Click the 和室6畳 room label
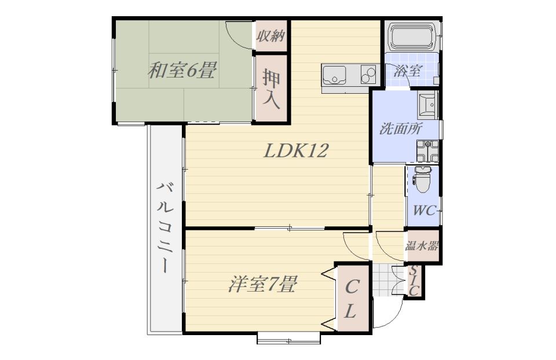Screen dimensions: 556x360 (x=181, y=70)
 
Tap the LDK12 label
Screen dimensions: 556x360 (x=296, y=150)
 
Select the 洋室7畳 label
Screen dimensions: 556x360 (x=262, y=284)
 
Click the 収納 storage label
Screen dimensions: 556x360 (x=271, y=36)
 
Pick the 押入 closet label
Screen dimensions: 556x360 (x=271, y=89)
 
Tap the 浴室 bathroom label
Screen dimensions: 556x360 (x=407, y=71)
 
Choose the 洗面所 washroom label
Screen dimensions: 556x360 (x=401, y=128)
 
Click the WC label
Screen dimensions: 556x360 (x=424, y=211)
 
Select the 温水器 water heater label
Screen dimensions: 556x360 (x=422, y=245)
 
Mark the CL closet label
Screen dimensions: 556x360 (x=351, y=299)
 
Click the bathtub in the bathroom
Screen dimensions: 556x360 (x=412, y=37)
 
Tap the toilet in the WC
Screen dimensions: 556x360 (x=422, y=179)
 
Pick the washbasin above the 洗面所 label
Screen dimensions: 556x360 (x=428, y=105)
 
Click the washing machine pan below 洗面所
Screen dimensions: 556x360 (x=427, y=151)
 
